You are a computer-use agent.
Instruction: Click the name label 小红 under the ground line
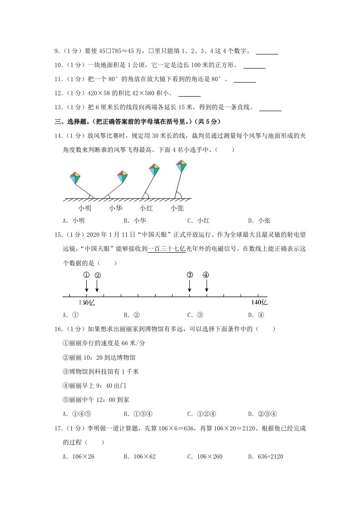pyautogui.click(x=146, y=208)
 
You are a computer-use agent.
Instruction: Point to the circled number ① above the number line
pyautogui.click(x=86, y=275)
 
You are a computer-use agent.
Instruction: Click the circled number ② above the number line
pyautogui.click(x=97, y=275)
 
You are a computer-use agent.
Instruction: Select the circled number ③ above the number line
pyautogui.click(x=190, y=275)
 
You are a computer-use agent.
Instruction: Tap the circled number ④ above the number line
pyautogui.click(x=206, y=275)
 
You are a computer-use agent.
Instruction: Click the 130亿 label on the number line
pyautogui.click(x=87, y=303)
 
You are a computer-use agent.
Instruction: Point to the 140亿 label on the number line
pyautogui.click(x=260, y=303)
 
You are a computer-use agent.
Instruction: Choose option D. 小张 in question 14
pyautogui.click(x=259, y=221)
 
